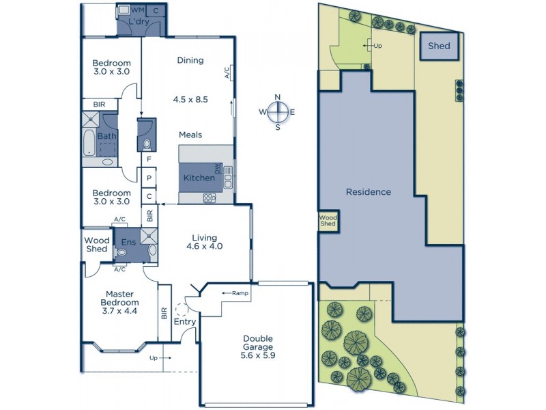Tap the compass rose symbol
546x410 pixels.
pyautogui.click(x=277, y=112)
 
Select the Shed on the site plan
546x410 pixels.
pyautogui.click(x=439, y=46)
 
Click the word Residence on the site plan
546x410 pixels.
pyautogui.click(x=368, y=192)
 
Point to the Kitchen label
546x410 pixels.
pyautogui.click(x=199, y=178)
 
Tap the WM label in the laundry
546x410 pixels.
pyautogui.click(x=137, y=10)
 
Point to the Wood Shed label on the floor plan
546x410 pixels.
pyautogui.click(x=96, y=245)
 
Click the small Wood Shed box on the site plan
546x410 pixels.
pyautogui.click(x=328, y=220)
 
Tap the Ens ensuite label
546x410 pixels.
pyautogui.click(x=128, y=242)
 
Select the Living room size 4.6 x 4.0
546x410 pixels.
pyautogui.click(x=204, y=246)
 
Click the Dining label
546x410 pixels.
pyautogui.click(x=190, y=60)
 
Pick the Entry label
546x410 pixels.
pyautogui.click(x=184, y=322)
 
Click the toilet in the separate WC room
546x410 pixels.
pyautogui.click(x=147, y=144)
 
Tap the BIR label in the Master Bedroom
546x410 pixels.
pyautogui.click(x=164, y=314)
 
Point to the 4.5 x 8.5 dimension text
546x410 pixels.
pyautogui.click(x=190, y=99)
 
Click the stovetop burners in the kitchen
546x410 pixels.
pyautogui.click(x=210, y=198)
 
